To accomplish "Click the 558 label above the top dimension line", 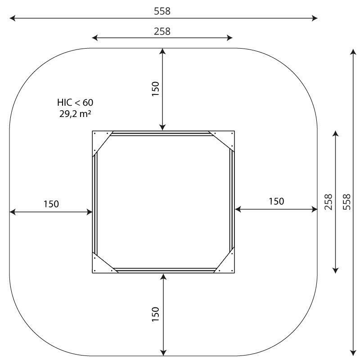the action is point(162,11).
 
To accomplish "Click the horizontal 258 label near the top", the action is point(162,31).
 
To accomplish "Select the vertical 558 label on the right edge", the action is point(346,202).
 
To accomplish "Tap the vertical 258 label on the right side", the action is point(328,202).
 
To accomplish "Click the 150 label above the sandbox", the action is point(155,89).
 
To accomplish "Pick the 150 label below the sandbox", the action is point(155,314).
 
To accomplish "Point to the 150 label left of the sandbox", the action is point(51,204).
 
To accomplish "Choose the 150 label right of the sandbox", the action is point(276,201).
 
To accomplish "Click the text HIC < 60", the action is point(75,103).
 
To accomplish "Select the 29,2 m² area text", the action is point(75,114).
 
